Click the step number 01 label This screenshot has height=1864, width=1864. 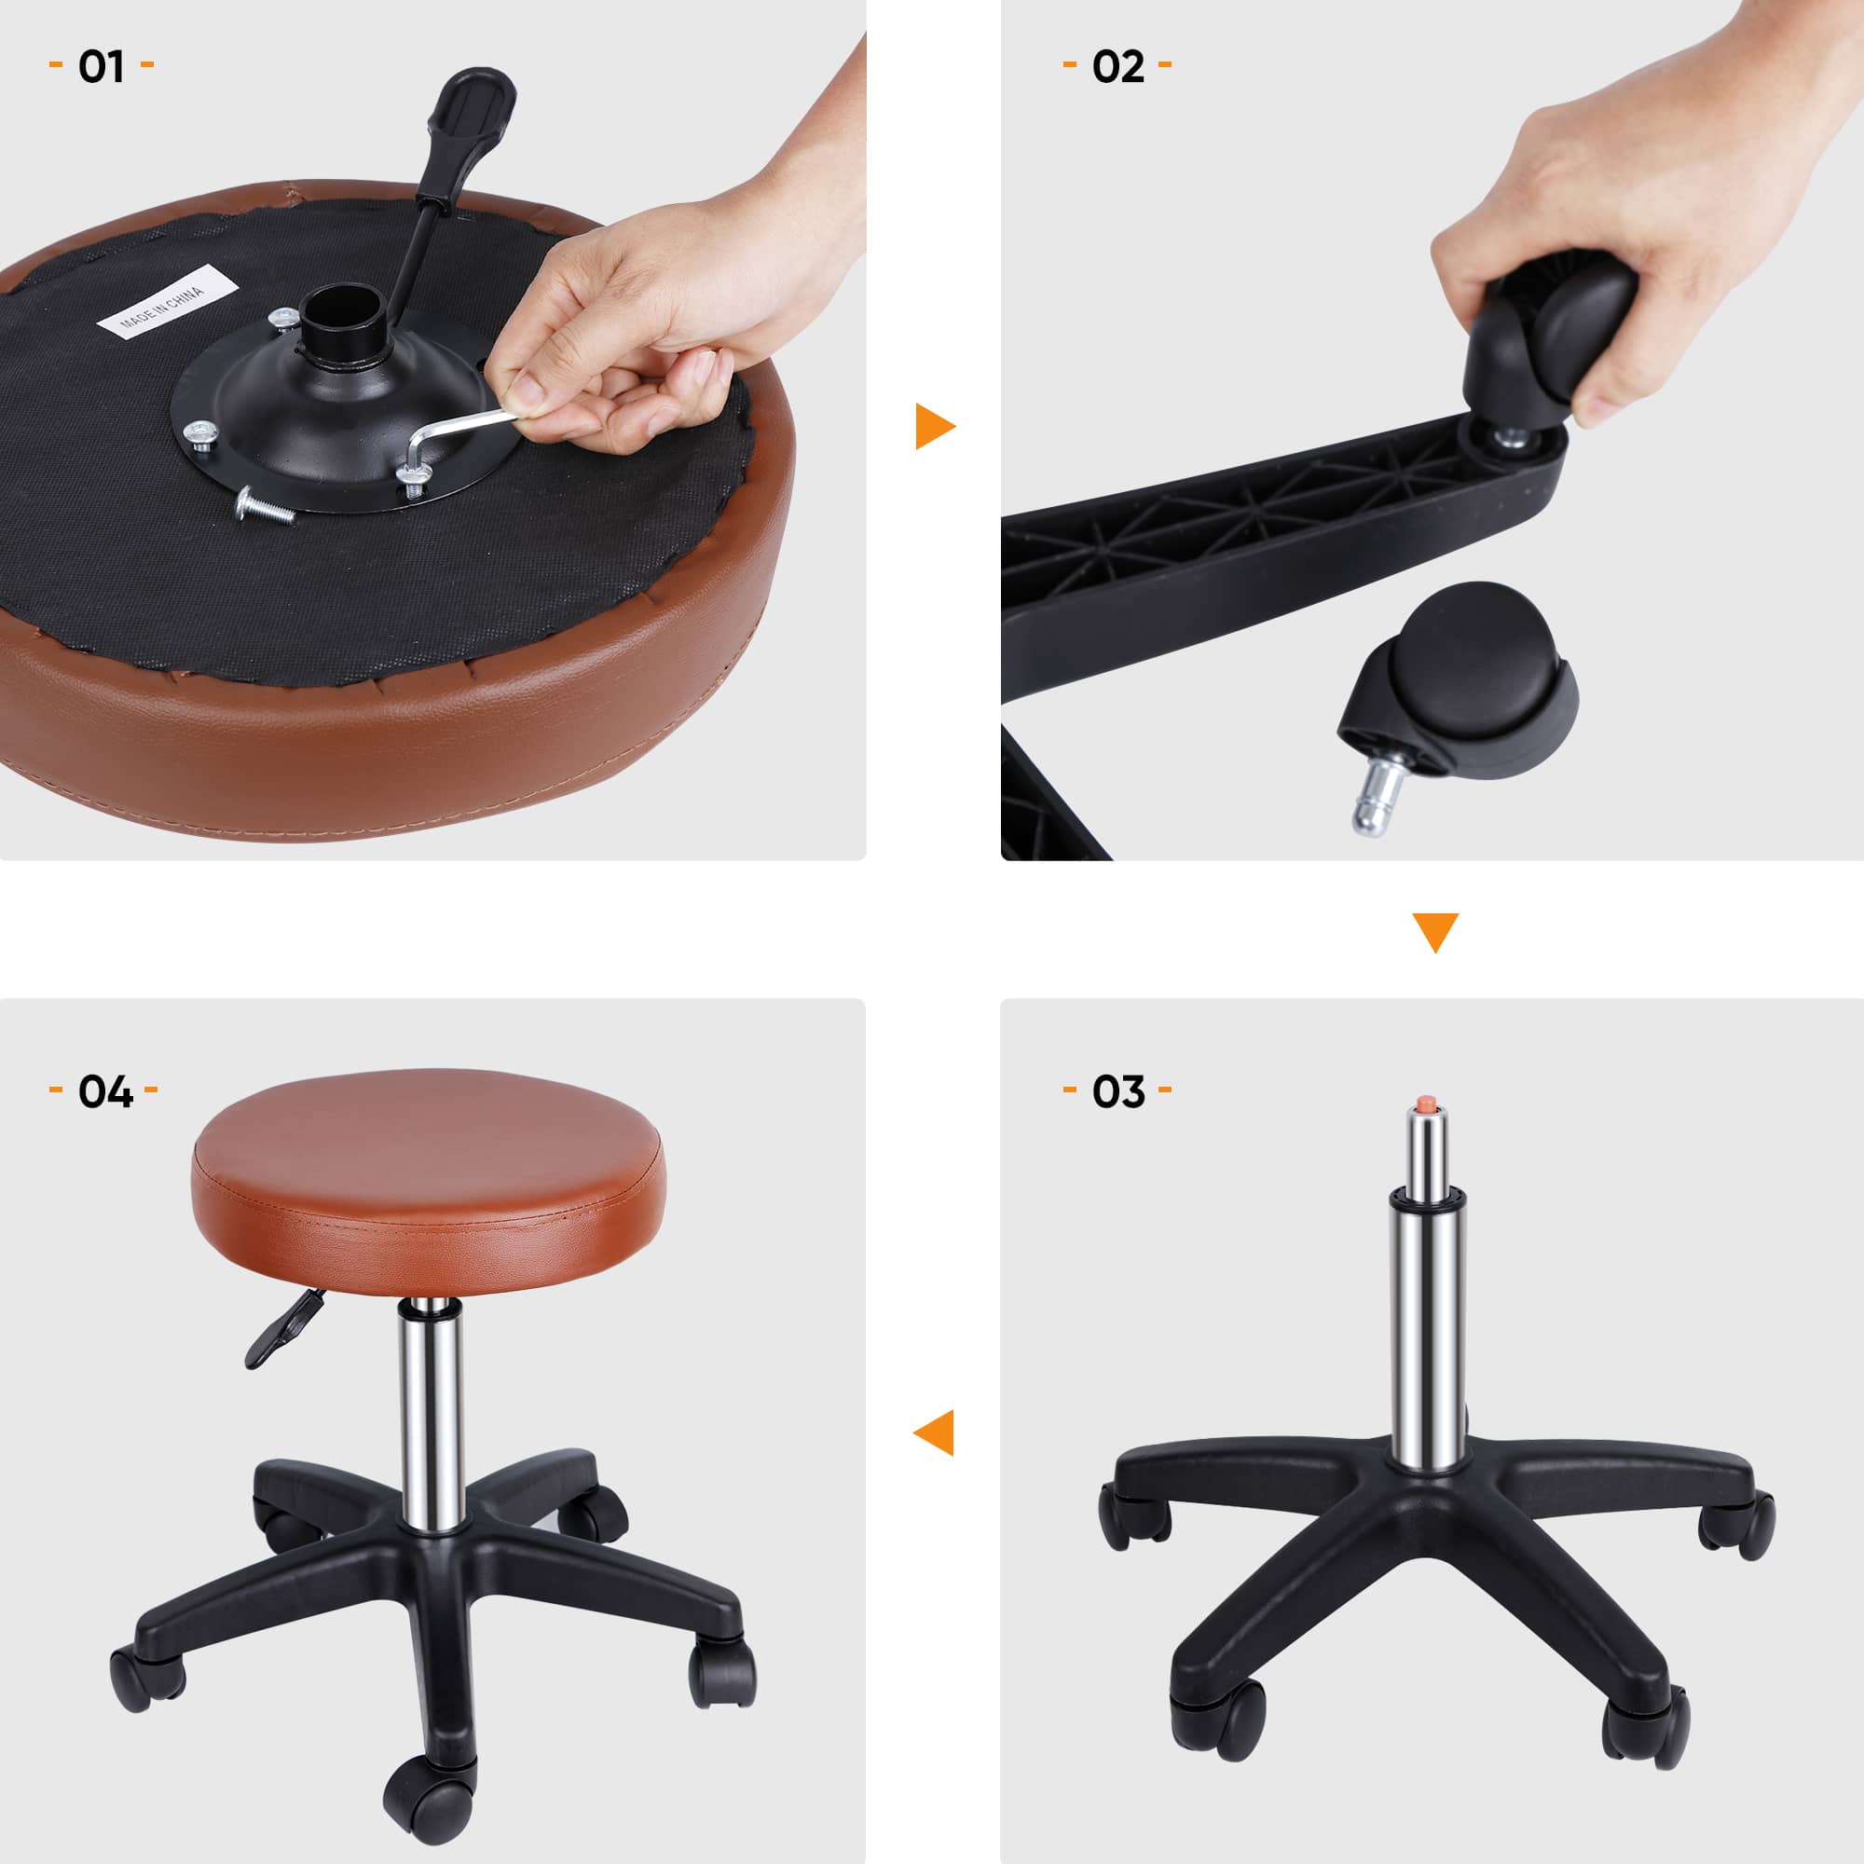[102, 66]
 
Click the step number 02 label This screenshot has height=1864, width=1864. [1117, 66]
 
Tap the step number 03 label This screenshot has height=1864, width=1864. [1117, 1091]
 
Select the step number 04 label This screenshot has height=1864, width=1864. [104, 1091]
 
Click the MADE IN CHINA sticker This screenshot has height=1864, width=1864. [166, 302]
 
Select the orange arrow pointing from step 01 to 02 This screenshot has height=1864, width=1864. [933, 427]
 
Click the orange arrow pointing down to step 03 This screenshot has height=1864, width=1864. [1434, 931]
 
